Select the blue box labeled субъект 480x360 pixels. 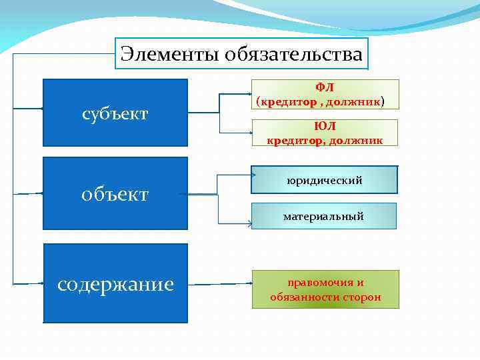point(115,113)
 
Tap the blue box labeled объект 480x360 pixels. point(115,193)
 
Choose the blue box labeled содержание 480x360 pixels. point(115,283)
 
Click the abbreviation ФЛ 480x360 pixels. point(325,88)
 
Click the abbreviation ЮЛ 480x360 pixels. point(325,127)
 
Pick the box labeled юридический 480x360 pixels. point(325,180)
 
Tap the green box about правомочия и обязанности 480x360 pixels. point(325,289)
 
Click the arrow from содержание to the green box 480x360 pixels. point(220,283)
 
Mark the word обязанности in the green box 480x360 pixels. point(305,297)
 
